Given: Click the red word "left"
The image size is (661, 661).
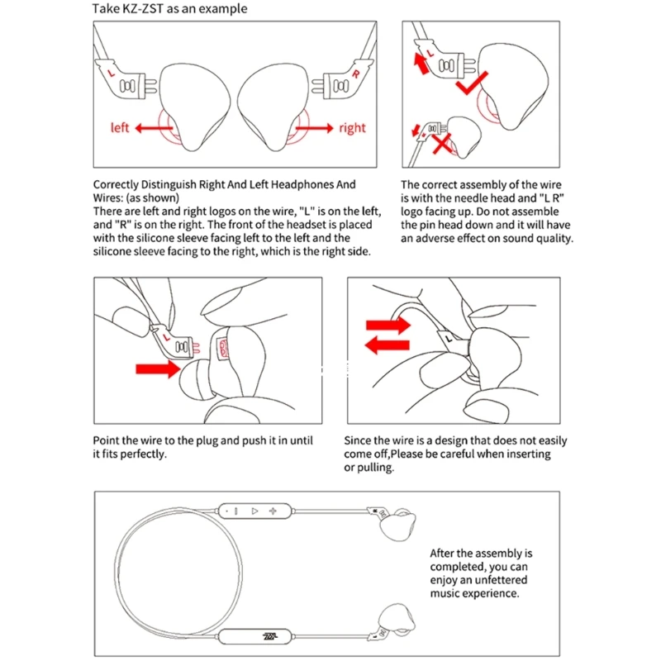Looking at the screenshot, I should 121,128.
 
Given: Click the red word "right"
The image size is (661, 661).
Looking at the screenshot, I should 352,128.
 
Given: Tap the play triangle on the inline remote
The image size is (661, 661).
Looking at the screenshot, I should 255,511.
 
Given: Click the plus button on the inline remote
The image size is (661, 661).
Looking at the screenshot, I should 273,511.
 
